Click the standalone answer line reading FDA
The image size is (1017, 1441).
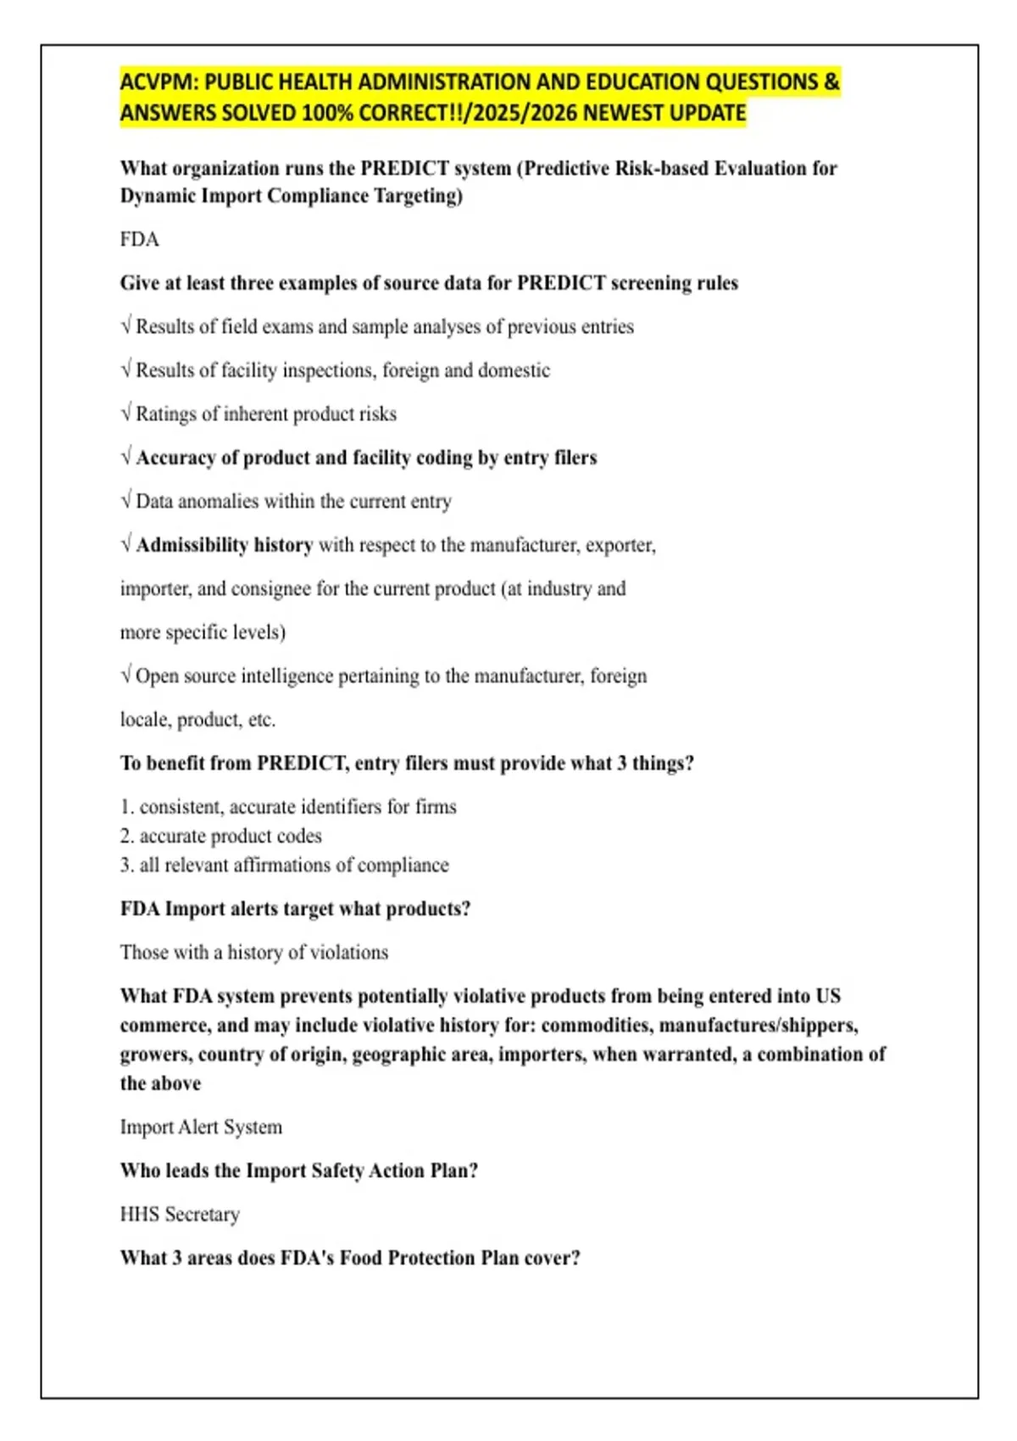click(140, 240)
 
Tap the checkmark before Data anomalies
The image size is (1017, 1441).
click(126, 501)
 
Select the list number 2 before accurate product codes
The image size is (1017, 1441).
click(126, 836)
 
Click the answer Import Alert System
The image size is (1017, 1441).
click(201, 1127)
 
